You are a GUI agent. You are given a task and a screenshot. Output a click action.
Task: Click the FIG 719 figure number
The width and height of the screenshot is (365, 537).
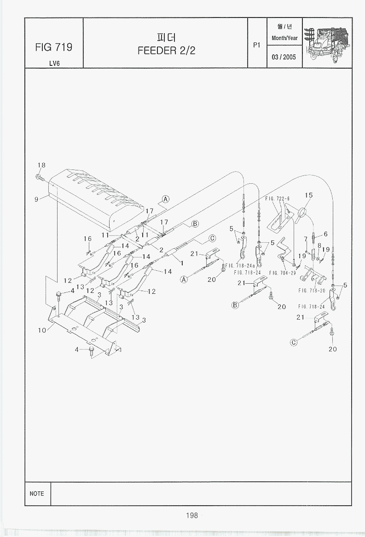point(53,47)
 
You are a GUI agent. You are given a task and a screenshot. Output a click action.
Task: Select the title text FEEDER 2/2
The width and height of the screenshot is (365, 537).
point(166,50)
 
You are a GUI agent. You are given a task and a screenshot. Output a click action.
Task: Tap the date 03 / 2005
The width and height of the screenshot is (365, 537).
point(284,58)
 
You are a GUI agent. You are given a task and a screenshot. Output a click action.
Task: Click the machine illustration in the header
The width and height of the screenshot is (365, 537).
point(327,42)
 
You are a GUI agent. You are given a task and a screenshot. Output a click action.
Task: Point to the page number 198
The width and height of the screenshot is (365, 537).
point(192,515)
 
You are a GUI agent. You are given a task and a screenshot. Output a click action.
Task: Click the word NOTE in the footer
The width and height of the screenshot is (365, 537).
point(37,493)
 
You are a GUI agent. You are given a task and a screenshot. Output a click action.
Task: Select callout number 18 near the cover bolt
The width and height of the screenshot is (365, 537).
point(41,165)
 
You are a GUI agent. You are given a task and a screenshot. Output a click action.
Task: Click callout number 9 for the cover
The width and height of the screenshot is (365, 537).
point(36,199)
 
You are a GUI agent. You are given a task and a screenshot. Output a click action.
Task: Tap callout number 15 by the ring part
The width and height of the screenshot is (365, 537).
point(308,195)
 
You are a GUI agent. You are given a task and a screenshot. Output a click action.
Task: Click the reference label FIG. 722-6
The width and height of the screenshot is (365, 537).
point(277,198)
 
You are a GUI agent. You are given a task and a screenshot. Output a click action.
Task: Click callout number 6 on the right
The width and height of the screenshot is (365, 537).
point(325,234)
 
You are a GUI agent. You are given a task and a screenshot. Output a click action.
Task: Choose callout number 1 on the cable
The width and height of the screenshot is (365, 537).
point(182,263)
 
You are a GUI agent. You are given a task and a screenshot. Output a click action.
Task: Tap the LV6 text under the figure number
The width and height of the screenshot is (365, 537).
point(54,63)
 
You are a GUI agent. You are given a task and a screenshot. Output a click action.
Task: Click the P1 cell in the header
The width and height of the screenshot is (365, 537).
point(257,45)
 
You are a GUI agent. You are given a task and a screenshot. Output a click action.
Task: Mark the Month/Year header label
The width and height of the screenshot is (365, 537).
point(284,38)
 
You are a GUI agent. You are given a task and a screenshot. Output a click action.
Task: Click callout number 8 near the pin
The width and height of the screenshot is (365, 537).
point(319,246)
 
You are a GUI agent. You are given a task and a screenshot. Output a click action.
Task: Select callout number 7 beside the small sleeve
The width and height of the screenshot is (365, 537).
point(306,239)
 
